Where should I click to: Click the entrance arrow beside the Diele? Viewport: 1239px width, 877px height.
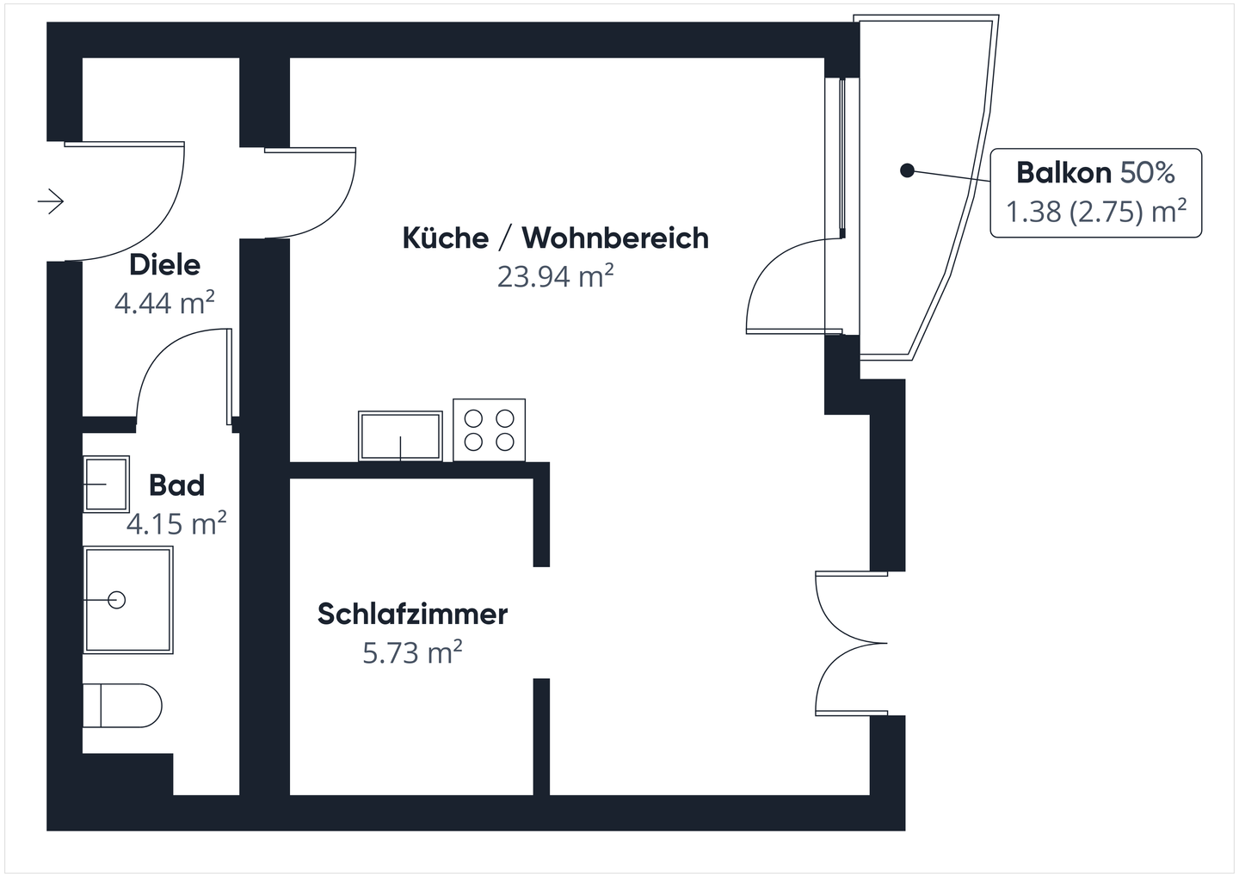point(51,201)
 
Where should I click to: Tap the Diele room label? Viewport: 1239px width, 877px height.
point(164,265)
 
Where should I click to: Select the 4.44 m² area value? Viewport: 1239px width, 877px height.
point(163,303)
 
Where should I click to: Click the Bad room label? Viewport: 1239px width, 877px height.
point(176,485)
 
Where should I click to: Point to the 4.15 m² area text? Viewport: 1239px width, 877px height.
point(176,523)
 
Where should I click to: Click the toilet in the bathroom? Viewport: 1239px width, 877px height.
point(122,706)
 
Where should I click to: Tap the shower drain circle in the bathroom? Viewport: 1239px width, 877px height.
point(116,599)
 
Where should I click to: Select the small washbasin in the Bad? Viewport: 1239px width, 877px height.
point(106,484)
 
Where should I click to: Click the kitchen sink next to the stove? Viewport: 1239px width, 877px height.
point(400,435)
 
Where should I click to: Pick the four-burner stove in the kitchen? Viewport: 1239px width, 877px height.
point(489,430)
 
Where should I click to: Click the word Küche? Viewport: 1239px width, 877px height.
point(445,238)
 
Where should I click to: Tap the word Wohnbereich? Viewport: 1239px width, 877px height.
point(615,238)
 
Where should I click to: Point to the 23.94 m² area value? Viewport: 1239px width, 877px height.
point(555,277)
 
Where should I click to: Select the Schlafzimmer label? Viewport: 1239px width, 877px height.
point(412,615)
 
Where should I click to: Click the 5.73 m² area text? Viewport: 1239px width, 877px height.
point(412,653)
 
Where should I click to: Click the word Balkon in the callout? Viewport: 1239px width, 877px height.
point(1063,173)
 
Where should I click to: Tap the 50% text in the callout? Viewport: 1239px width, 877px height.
point(1147,173)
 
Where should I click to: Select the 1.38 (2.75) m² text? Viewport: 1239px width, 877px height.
point(1096,212)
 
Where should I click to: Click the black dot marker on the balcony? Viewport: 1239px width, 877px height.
point(906,170)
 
